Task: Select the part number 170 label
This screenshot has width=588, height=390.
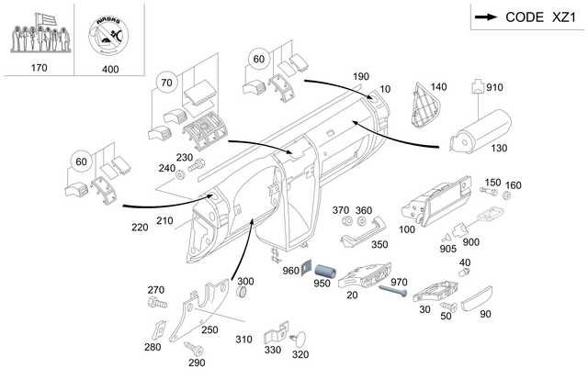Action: (39, 68)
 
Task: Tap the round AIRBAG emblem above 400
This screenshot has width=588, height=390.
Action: (109, 32)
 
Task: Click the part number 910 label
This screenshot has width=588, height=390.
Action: (495, 89)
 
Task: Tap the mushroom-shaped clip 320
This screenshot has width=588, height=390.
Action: (300, 337)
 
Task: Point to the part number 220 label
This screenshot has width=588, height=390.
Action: (139, 227)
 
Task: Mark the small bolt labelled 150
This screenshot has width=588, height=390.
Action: (490, 194)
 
